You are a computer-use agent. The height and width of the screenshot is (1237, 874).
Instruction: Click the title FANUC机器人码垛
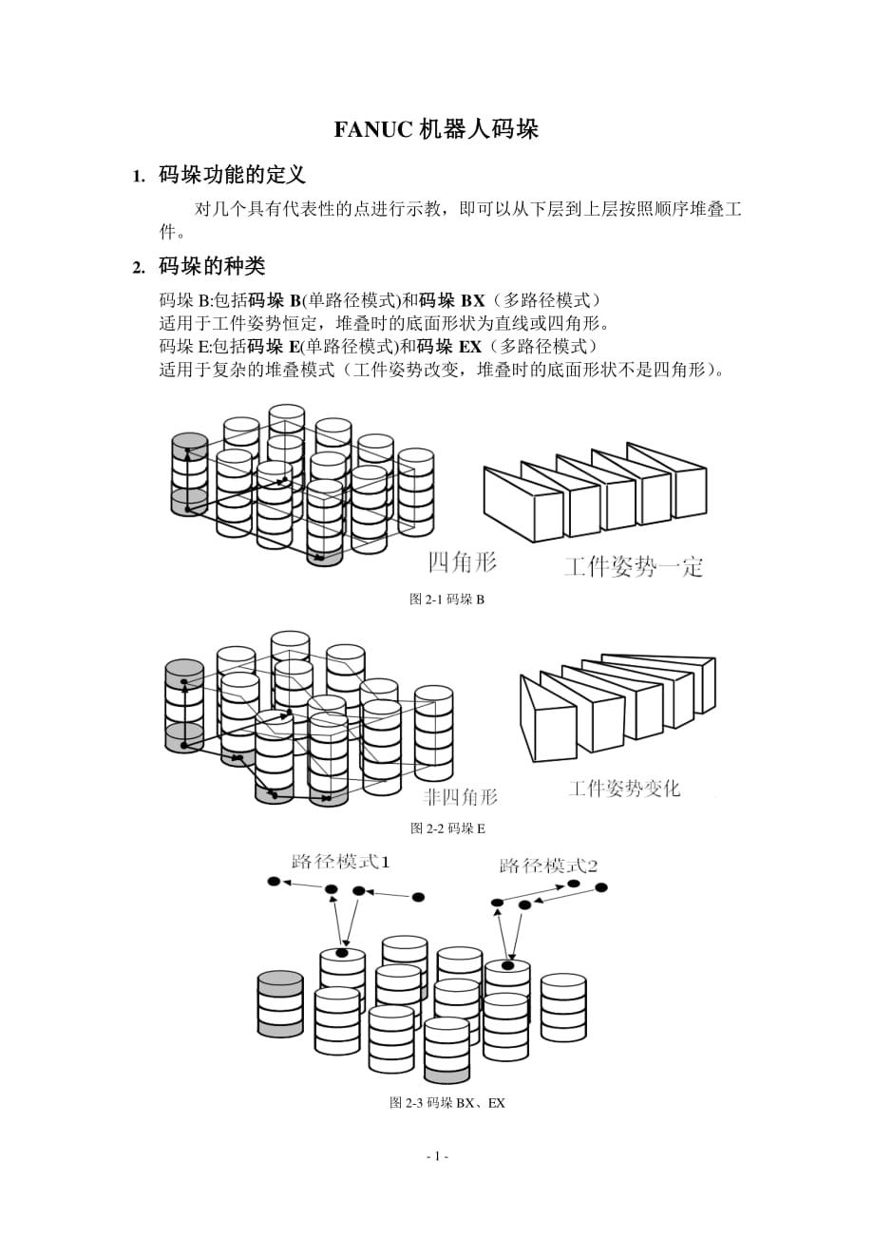point(436,130)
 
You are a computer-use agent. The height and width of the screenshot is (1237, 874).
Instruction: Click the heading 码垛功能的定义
point(232,175)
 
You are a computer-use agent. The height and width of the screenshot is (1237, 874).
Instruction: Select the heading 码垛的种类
point(212,265)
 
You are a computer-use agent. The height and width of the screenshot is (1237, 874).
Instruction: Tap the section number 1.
point(138,176)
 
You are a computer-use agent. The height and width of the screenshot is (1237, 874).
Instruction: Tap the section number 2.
point(138,266)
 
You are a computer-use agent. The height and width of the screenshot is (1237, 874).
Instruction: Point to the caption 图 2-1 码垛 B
point(446,599)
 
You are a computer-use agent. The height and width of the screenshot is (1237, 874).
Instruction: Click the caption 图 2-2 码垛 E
point(447,828)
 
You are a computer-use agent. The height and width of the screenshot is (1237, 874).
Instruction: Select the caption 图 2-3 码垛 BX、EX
point(447,1103)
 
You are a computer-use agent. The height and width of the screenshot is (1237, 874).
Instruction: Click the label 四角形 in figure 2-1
point(463,562)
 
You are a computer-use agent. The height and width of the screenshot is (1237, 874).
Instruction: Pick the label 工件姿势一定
point(634,567)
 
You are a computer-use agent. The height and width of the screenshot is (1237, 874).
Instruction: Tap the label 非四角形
point(460,796)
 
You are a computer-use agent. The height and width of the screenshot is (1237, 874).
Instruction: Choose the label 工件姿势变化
point(624,789)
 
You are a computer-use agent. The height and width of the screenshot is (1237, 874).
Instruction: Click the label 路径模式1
point(340,862)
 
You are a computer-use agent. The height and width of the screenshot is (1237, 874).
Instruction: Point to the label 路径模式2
point(548,866)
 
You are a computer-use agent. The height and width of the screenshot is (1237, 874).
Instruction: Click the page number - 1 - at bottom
point(437,1156)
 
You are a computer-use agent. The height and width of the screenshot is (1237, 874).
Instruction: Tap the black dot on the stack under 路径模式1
point(342,952)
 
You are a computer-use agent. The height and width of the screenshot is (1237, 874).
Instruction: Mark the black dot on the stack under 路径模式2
point(507,965)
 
